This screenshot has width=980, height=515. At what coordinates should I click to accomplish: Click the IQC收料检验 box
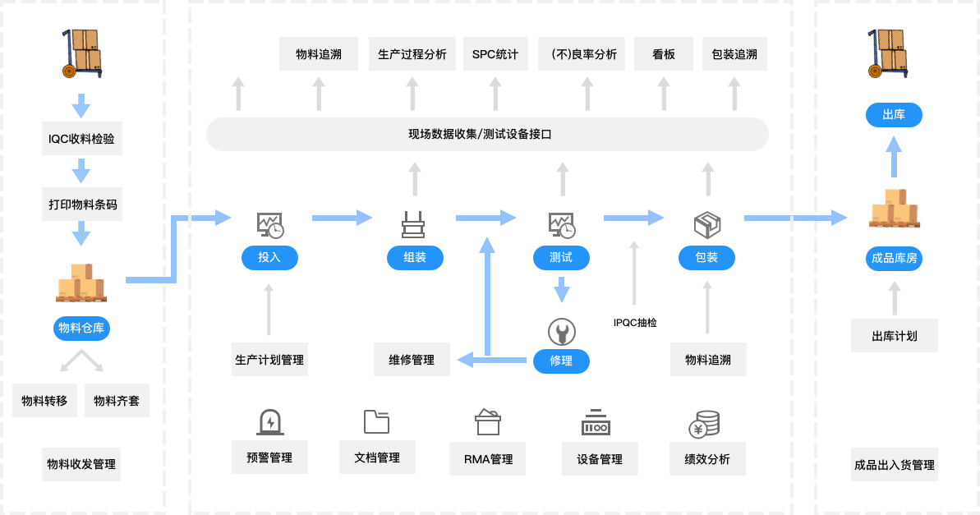click(x=81, y=139)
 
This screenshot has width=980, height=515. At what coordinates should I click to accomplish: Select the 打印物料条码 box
click(x=81, y=205)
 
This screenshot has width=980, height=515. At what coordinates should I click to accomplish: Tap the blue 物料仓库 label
click(x=82, y=329)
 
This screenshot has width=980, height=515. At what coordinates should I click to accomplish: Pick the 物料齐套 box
click(x=117, y=402)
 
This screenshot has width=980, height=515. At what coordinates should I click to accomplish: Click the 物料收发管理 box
click(x=81, y=464)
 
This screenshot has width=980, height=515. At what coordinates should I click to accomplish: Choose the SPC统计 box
click(x=495, y=54)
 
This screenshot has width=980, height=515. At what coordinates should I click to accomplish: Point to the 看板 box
click(x=664, y=54)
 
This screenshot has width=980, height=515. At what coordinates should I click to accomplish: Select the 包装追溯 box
click(x=735, y=54)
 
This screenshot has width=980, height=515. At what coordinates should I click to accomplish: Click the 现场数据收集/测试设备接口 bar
click(x=486, y=134)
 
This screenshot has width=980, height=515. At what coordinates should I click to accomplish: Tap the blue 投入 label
click(x=269, y=258)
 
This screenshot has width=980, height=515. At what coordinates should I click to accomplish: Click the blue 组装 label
click(x=415, y=258)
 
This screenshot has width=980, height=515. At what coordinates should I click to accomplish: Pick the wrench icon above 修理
click(x=562, y=332)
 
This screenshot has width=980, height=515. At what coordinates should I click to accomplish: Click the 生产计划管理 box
click(x=269, y=360)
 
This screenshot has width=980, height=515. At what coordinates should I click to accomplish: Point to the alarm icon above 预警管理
click(x=269, y=422)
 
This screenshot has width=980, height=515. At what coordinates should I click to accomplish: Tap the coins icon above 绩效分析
click(x=704, y=424)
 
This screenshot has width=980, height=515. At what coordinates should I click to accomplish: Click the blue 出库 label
click(x=894, y=115)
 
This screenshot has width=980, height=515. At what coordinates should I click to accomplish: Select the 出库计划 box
click(x=895, y=336)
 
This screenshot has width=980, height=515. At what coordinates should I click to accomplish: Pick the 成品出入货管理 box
click(x=894, y=465)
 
